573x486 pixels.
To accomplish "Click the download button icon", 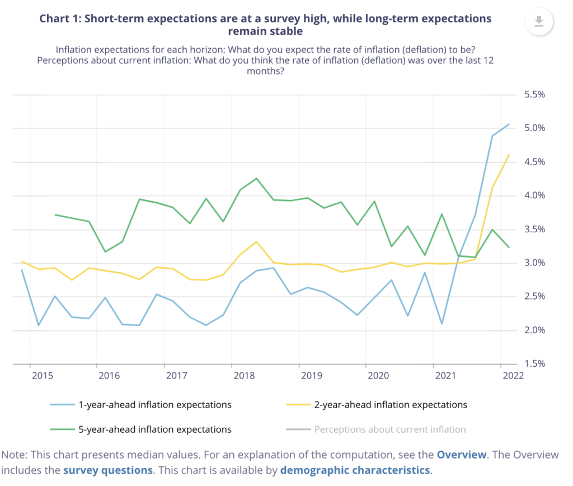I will coord(539,21).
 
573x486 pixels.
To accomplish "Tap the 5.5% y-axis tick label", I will coord(534,95).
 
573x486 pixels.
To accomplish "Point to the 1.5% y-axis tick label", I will coord(534,364).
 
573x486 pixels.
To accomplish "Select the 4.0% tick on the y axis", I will coord(534,195).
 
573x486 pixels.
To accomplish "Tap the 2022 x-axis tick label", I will coord(513,376).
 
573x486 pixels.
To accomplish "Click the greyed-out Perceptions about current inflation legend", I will coord(389,429).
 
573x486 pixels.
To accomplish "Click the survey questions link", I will coord(107,469).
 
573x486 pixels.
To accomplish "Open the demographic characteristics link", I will coord(355,469).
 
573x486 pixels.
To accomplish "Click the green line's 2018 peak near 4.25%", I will coord(256,179).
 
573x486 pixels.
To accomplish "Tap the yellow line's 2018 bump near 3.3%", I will coord(256,241).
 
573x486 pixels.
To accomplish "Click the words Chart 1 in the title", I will coord(60,18).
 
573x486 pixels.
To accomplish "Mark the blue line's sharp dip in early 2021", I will coord(442,324).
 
